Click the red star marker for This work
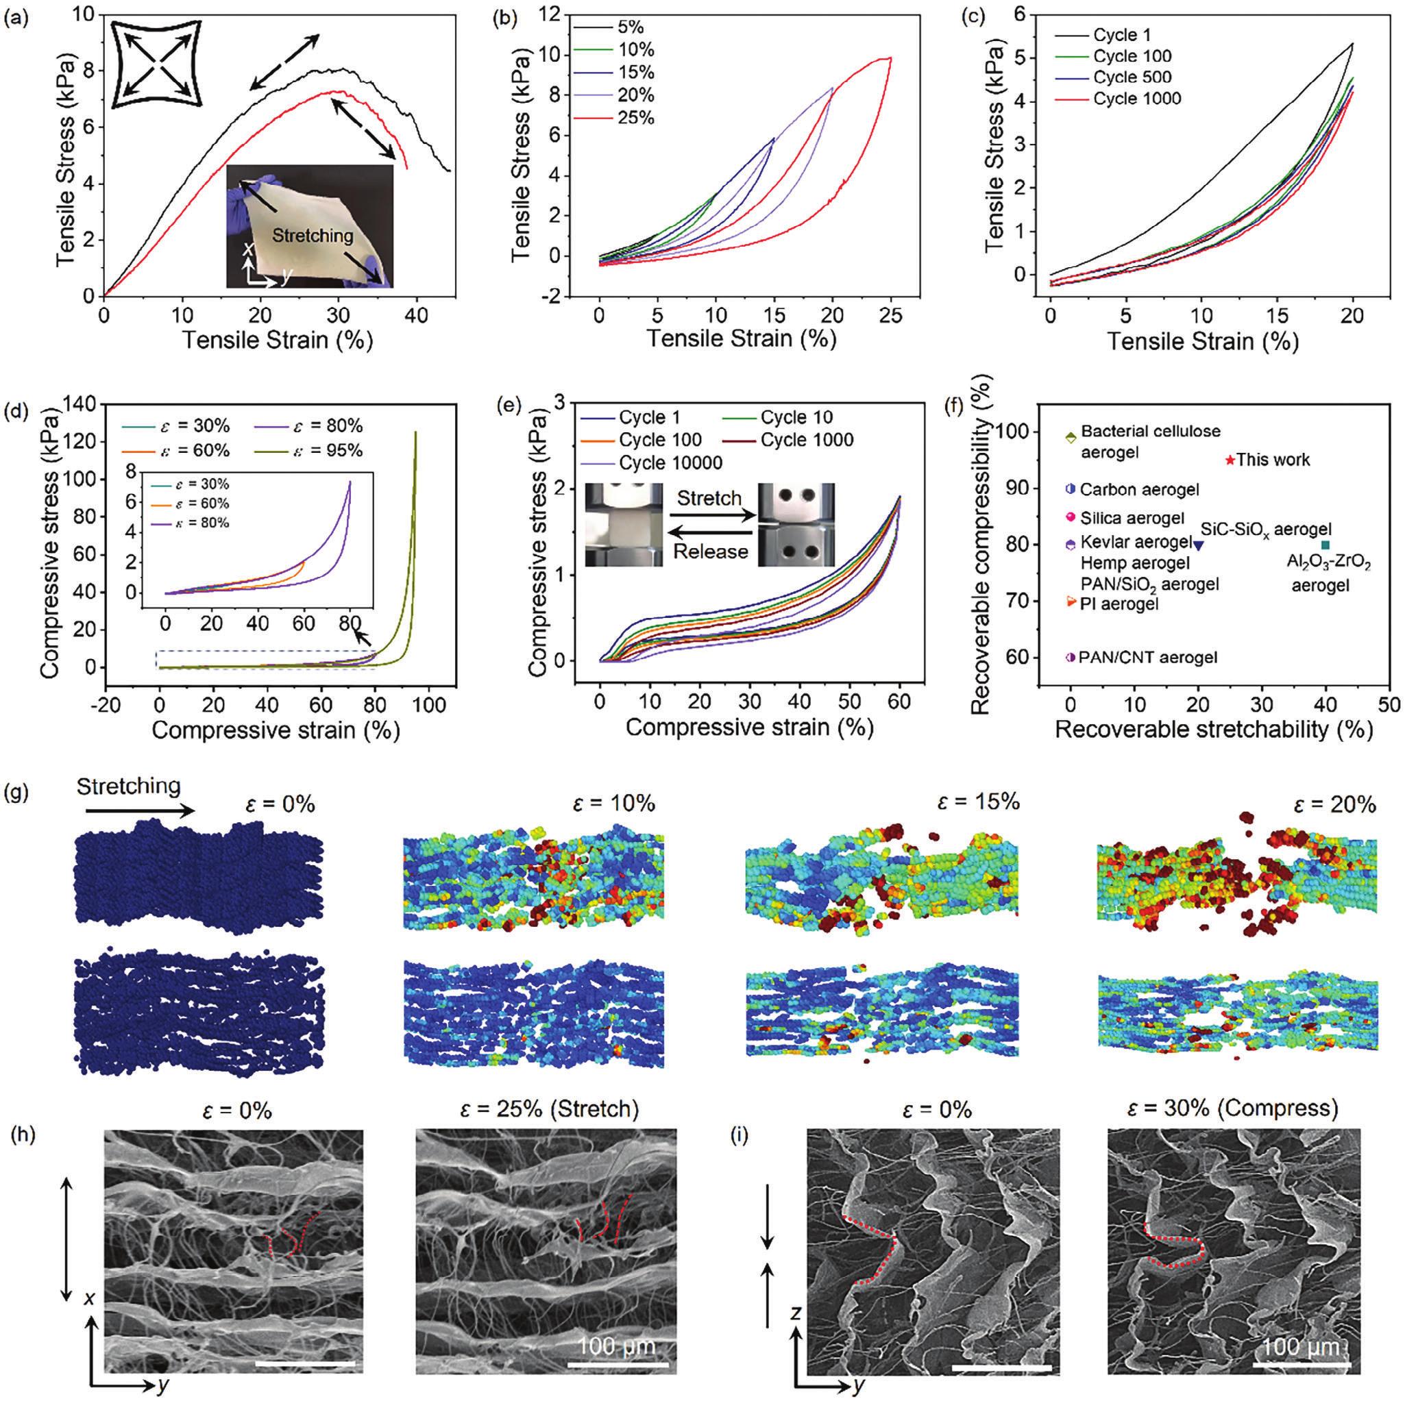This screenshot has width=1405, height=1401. [x=1230, y=460]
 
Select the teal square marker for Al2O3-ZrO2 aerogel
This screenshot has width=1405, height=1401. [x=1325, y=545]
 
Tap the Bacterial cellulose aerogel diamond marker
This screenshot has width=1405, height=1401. [x=1071, y=438]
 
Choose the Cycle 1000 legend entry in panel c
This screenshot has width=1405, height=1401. [x=1136, y=98]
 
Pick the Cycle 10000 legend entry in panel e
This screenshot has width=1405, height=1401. [x=670, y=463]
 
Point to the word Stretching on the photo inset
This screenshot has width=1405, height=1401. [x=313, y=235]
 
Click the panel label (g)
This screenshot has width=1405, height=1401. [x=16, y=792]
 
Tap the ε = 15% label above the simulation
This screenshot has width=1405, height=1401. [x=979, y=802]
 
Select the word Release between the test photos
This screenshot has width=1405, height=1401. [x=710, y=550]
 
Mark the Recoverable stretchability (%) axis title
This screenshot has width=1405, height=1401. [x=1213, y=728]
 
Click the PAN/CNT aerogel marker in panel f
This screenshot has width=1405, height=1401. [x=1071, y=657]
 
